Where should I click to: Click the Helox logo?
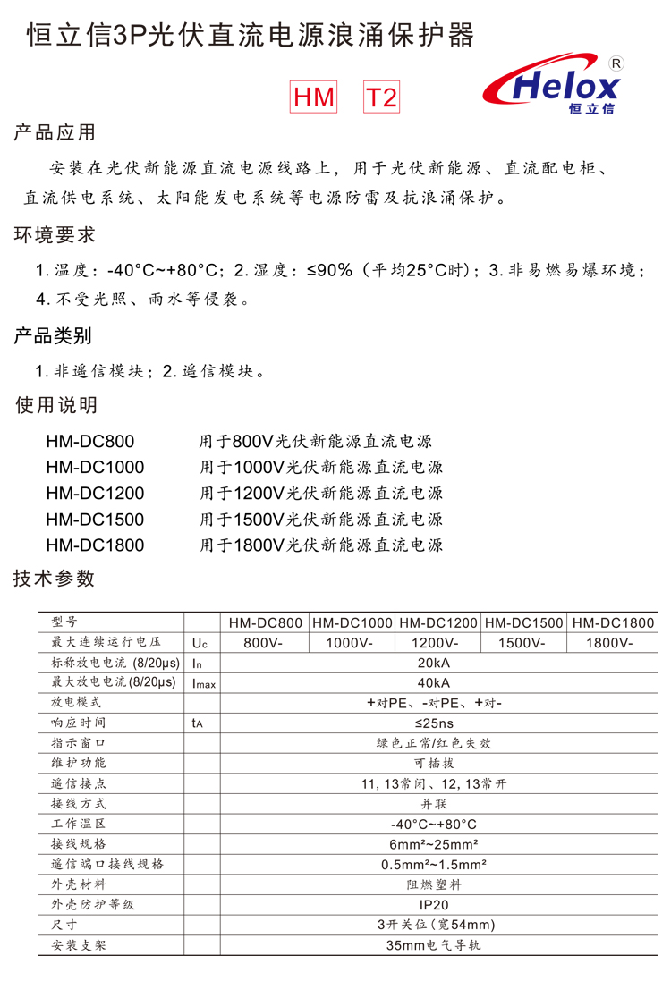click(x=552, y=88)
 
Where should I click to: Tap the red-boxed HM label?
click(x=314, y=97)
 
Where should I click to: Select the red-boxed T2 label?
click(x=382, y=97)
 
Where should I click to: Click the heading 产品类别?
click(x=55, y=336)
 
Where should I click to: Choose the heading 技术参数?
click(x=55, y=578)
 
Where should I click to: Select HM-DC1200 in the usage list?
click(x=95, y=493)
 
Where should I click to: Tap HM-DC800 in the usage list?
click(x=90, y=441)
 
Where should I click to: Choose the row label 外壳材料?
click(x=80, y=884)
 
